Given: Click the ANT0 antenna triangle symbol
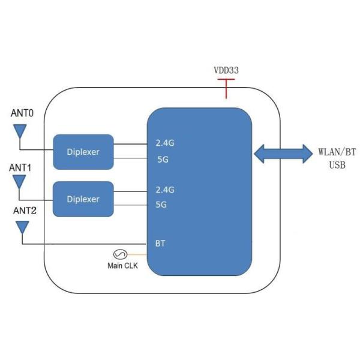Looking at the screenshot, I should coord(20,131).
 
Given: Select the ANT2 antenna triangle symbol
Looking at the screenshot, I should coord(22,227).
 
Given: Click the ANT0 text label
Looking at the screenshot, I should coord(23,112).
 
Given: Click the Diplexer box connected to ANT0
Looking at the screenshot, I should coord(83,152).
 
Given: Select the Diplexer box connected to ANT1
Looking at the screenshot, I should coord(83,199).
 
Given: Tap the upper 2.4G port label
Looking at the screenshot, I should coord(164,143).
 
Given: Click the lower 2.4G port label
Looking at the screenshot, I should coord(164,190).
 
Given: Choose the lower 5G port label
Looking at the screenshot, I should coord(161,205).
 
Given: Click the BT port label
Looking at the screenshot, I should coord(160,244).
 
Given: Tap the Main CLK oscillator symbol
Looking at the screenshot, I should coord(119,254).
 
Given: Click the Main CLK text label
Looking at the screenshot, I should coord(122,266).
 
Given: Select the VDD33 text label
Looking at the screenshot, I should coord(226,70).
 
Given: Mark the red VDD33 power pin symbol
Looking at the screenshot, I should coord(226,87).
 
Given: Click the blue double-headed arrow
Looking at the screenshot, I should coord(281,153).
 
